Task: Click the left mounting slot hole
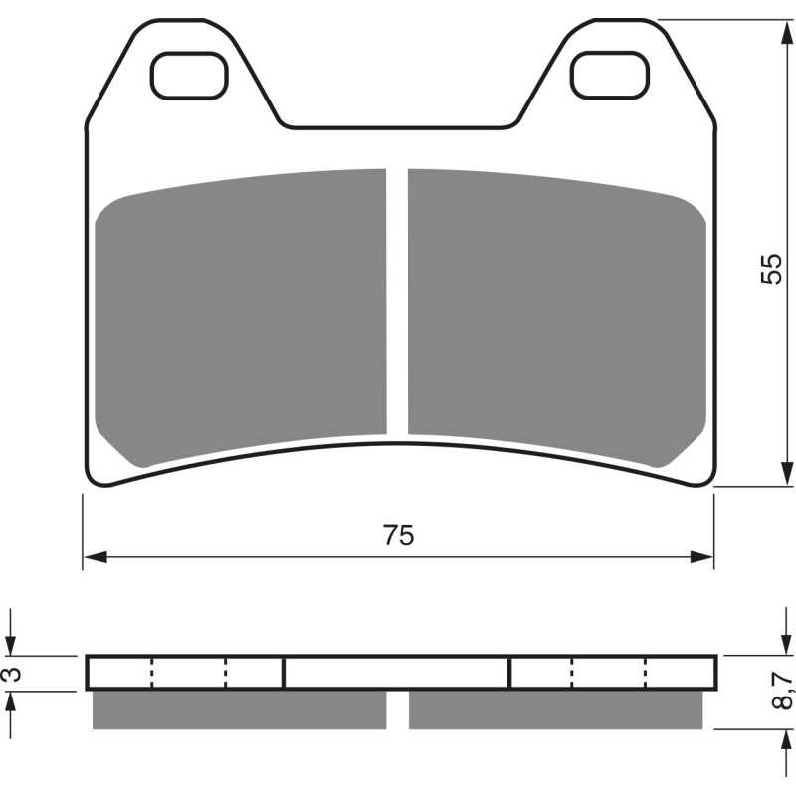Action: pos(191,75)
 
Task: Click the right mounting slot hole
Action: pos(610,75)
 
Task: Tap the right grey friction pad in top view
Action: pos(555,308)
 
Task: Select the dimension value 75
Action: pos(397,535)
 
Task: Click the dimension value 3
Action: pos(11,674)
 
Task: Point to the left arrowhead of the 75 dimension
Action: pos(93,556)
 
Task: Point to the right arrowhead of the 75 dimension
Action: pos(704,556)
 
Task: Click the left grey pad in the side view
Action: pos(239,709)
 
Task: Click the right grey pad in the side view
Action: pos(555,709)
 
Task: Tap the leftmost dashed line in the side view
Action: pos(152,673)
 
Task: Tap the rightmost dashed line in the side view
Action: pos(646,673)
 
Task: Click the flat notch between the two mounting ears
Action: pos(397,127)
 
